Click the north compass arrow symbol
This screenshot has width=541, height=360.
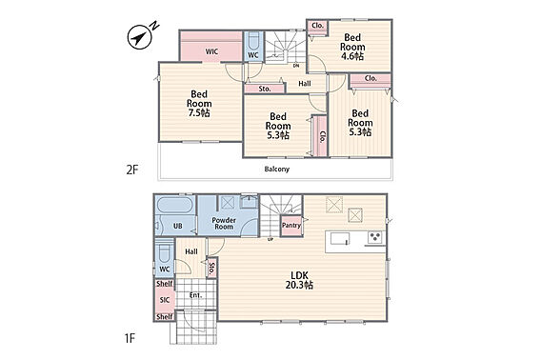click(140, 36)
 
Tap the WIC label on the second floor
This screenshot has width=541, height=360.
click(211, 51)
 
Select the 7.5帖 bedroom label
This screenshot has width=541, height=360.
click(199, 104)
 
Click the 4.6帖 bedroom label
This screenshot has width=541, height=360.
click(352, 47)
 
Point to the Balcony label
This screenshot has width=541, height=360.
click(277, 170)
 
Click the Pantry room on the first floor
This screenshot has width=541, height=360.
click(291, 226)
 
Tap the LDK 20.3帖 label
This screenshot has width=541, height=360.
click(299, 280)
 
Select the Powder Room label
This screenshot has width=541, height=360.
click(224, 223)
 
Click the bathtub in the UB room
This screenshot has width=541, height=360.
click(174, 205)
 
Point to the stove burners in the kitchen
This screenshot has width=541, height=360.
click(375, 237)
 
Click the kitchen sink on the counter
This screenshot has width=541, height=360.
click(340, 238)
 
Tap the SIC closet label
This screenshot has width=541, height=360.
click(165, 300)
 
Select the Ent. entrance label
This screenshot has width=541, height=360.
click(195, 295)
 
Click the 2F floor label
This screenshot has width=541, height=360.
click(131, 170)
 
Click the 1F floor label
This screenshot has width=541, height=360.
click(130, 339)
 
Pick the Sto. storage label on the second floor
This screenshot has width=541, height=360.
click(265, 89)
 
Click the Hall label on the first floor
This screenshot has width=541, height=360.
click(191, 251)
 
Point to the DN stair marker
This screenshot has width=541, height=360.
click(296, 66)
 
